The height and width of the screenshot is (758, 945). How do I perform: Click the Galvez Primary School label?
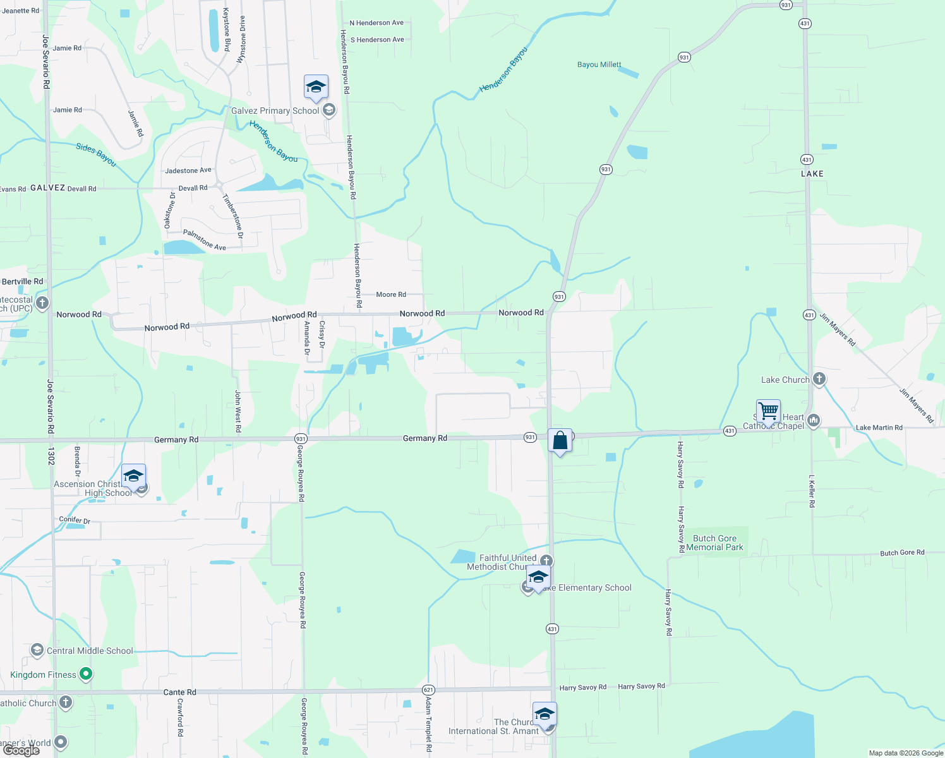coord(275,111)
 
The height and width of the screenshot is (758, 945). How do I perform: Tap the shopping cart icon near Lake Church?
coord(768,411)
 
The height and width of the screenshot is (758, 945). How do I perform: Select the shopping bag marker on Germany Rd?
coord(560,440)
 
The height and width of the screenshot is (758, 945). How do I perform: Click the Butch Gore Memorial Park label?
coord(714,543)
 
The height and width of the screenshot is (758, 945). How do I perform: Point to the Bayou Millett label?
coord(599,64)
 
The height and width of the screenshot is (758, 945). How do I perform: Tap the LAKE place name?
coord(812,174)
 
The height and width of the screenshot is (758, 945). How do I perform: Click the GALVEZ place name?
coord(47,188)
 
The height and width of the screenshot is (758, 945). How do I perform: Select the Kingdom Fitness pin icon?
coord(86,675)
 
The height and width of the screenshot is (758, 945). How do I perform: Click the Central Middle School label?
coord(90,651)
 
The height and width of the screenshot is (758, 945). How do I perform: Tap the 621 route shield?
coord(428,690)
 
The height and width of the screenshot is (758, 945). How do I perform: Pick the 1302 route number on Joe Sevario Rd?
coord(51,456)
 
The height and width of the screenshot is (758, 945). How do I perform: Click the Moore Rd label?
coord(391,294)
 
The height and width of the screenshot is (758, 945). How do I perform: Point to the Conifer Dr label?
coord(75,520)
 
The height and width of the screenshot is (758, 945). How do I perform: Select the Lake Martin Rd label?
coord(879,428)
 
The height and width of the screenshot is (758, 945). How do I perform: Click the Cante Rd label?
coord(179,692)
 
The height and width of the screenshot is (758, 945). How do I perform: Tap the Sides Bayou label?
coord(96,155)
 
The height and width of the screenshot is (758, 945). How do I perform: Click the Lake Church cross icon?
coord(819,379)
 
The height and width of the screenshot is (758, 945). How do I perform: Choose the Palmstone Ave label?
coord(204,240)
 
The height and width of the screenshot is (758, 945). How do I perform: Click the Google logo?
coord(21,750)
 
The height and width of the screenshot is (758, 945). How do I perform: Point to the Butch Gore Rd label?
coord(902,553)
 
